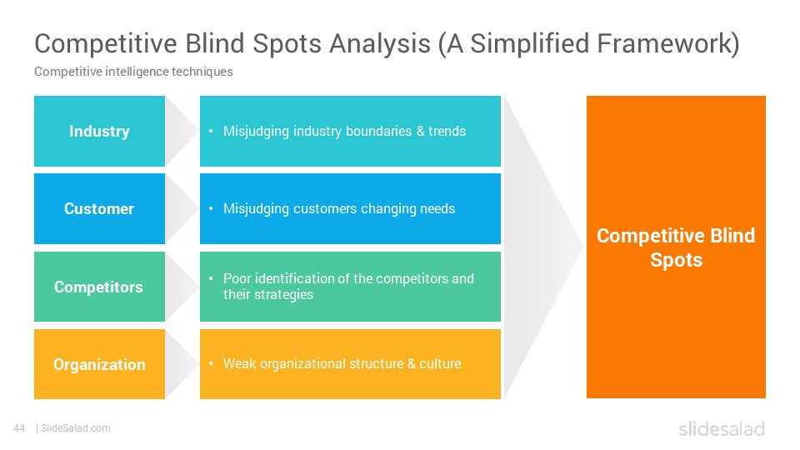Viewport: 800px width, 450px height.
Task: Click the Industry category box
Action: [99, 131]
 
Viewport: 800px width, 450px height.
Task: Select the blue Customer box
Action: [99, 208]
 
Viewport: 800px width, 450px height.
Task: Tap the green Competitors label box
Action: [99, 287]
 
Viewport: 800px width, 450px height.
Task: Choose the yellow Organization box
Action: [99, 364]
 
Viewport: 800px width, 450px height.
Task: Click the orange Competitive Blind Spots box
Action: [676, 247]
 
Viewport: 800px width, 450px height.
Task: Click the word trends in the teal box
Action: [447, 131]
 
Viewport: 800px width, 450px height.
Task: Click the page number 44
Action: [19, 428]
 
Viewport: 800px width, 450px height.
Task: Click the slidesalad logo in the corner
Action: [722, 429]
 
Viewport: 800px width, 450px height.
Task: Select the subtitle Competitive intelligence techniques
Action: [133, 72]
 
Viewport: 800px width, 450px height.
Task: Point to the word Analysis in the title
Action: [380, 44]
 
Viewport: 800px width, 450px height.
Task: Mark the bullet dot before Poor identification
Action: [211, 278]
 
